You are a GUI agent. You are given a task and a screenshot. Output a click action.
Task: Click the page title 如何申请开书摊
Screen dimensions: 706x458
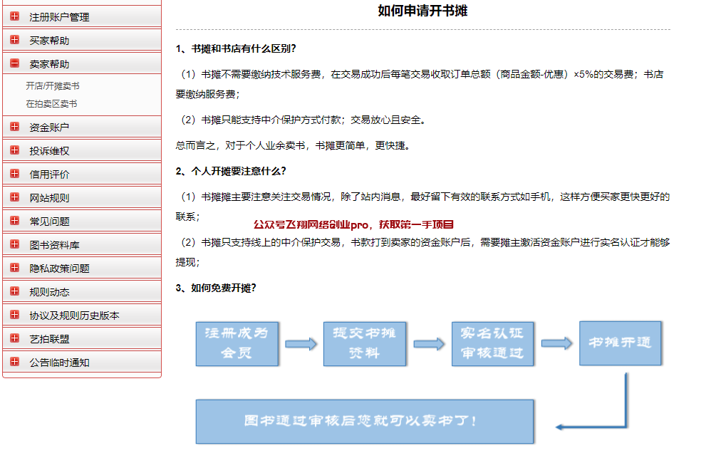pos(422,11)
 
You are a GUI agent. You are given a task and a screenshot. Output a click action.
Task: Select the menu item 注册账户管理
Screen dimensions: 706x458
pos(59,17)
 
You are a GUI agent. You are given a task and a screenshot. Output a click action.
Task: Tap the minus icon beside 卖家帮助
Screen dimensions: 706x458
pos(14,63)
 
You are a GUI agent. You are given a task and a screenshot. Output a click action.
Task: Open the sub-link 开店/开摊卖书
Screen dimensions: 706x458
pos(53,85)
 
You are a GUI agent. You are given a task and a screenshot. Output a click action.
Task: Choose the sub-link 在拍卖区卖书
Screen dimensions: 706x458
pos(51,103)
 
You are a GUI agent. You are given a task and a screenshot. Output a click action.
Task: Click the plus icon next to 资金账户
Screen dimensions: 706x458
pos(14,127)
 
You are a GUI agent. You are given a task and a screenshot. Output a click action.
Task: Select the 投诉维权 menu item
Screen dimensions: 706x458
pos(49,151)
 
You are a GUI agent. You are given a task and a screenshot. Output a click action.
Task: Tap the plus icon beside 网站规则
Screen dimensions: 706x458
pos(14,197)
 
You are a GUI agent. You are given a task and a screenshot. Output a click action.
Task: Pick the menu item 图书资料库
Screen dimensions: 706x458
pos(54,245)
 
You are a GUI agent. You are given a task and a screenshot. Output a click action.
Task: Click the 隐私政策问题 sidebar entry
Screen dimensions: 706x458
pos(59,269)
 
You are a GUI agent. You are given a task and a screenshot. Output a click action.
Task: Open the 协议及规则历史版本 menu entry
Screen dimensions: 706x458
pos(74,316)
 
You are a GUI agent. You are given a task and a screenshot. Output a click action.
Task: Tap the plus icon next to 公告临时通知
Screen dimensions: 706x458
pos(14,362)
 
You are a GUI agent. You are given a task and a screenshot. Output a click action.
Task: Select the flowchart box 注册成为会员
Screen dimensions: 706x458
pos(237,343)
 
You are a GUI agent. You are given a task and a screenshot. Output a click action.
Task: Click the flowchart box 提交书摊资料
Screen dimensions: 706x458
pos(365,343)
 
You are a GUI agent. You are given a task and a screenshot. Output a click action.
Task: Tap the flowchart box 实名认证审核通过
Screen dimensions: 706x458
pos(492,343)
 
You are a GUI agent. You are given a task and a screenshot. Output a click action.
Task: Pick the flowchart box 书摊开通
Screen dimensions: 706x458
pos(620,343)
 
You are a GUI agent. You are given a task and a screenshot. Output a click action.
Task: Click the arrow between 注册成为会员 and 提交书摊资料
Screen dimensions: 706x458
pos(301,345)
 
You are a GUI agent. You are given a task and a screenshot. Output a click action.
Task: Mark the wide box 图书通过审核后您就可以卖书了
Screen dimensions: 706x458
pos(365,422)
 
